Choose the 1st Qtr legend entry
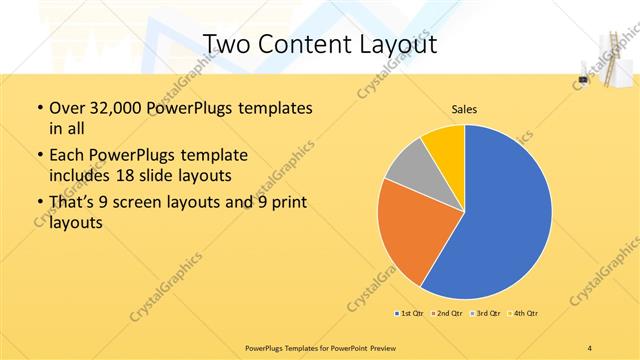pos(411,314)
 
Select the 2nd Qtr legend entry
pos(447,314)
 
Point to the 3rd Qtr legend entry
pos(484,314)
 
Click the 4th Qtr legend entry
pos(521,314)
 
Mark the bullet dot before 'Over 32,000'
pos(38,108)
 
